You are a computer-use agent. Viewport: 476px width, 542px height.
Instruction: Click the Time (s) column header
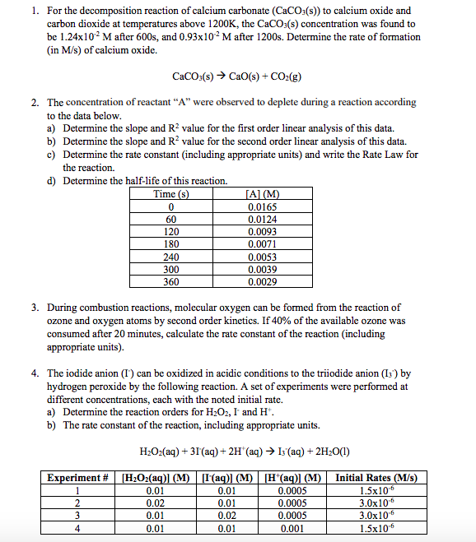(171, 194)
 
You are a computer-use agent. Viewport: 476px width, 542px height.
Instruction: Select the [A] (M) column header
(263, 194)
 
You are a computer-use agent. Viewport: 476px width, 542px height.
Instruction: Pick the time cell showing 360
(171, 282)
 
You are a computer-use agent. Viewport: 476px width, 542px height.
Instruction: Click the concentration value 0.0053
(263, 257)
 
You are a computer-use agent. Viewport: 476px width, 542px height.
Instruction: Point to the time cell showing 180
(171, 244)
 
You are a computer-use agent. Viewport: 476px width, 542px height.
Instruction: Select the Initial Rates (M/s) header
(376, 479)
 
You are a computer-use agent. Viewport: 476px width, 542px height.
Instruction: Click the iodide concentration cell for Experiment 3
(226, 515)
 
